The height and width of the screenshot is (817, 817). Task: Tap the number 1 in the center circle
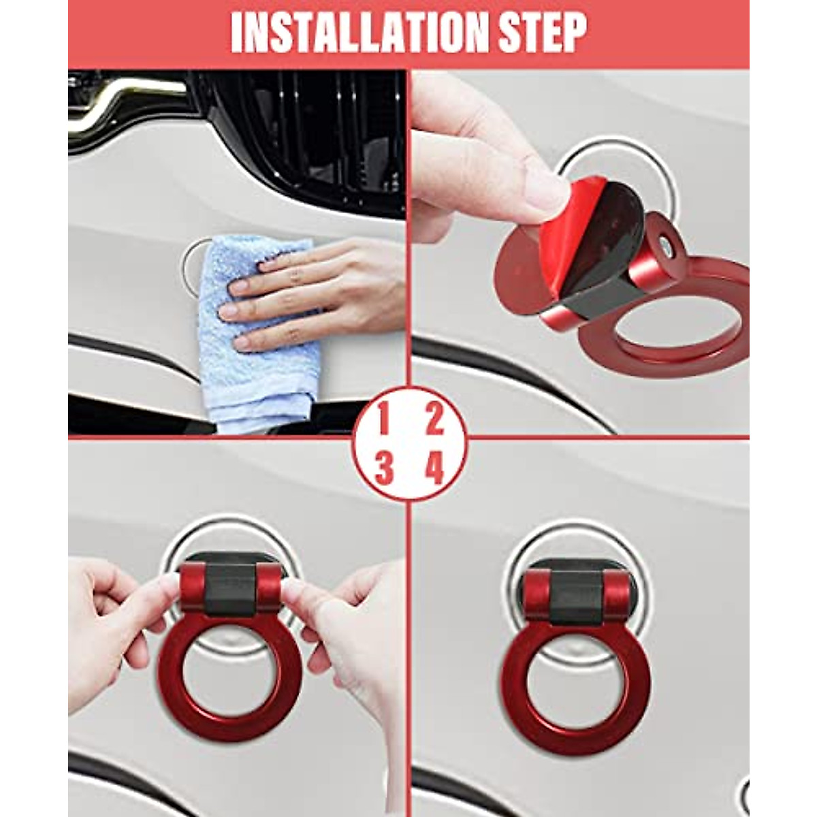pos(383,420)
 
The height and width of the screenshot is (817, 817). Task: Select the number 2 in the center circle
pos(434,420)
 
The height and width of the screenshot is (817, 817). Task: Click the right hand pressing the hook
pos(347,626)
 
